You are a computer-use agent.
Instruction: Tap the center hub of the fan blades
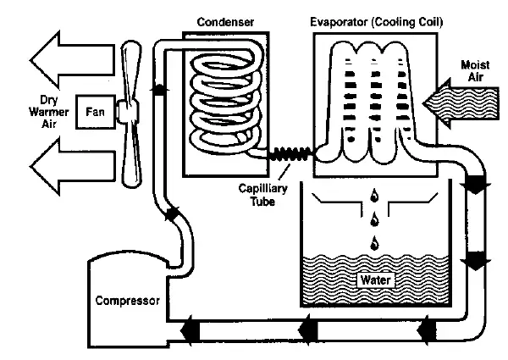click(127, 109)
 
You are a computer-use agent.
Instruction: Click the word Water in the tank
click(373, 277)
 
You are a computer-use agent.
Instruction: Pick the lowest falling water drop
click(373, 245)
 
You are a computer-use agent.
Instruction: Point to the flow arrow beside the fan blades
click(157, 88)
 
